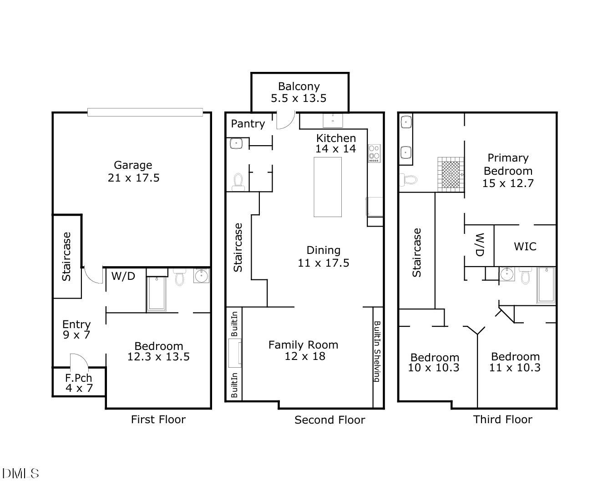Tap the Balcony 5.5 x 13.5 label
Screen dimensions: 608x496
pos(299,92)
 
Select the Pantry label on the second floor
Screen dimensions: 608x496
pos(248,124)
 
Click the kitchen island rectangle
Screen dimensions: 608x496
pos(328,187)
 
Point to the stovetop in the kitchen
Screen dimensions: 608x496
pos(374,153)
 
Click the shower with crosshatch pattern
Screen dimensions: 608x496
pos(451,174)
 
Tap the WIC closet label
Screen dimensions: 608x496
pos(525,247)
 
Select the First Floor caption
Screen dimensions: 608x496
pos(158,420)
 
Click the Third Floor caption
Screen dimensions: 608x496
pos(502,420)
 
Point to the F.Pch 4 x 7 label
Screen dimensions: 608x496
pos(79,383)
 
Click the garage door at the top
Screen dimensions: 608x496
pos(145,112)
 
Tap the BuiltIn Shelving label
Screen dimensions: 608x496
pos(377,351)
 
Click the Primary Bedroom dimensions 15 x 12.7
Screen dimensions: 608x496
pos(508,183)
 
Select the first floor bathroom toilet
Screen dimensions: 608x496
pos(179,277)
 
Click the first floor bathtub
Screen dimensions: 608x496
pos(156,294)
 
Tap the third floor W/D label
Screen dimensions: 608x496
pos(479,245)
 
